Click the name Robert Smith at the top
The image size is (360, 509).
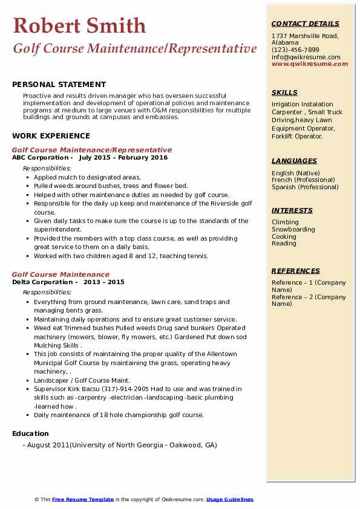click(x=79, y=25)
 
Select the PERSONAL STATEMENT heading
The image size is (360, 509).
click(x=59, y=85)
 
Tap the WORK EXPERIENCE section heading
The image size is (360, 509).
click(x=51, y=136)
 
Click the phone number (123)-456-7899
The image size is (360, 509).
click(x=295, y=50)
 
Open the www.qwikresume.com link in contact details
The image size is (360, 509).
click(x=306, y=64)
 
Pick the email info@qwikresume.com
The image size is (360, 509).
click(x=306, y=57)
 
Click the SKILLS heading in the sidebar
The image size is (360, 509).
click(x=284, y=92)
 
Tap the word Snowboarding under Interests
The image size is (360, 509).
click(x=293, y=230)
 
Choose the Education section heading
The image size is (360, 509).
click(x=30, y=433)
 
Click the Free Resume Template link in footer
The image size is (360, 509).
click(x=83, y=499)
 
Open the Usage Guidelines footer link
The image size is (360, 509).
click(x=229, y=499)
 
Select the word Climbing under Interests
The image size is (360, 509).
click(x=285, y=222)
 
